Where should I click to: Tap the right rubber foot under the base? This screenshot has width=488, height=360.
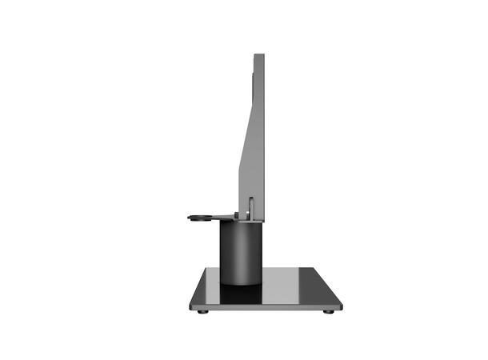tap(328, 311)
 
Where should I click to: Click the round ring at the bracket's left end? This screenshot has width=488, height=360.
tap(200, 216)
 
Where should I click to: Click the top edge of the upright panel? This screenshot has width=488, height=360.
tap(259, 55)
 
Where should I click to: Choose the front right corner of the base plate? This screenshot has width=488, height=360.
tap(341, 307)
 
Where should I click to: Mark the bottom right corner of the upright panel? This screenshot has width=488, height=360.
tap(264, 217)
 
